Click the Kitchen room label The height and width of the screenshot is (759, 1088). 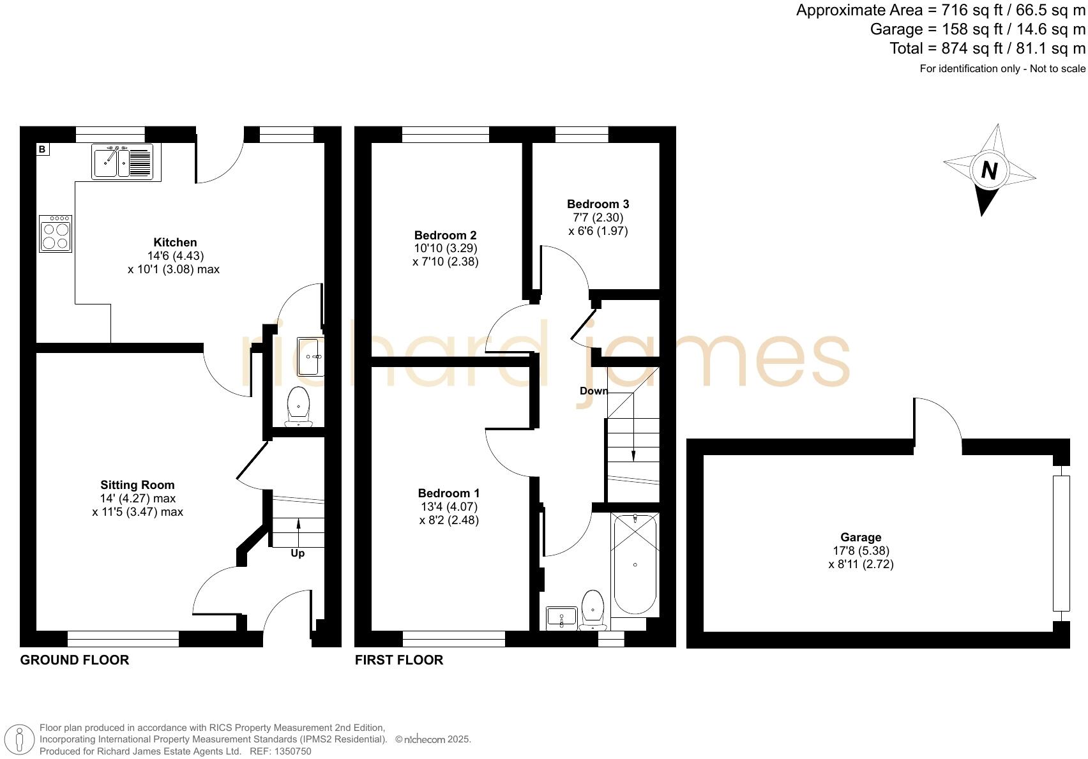tap(175, 243)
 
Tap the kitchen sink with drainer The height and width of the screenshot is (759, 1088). tap(123, 162)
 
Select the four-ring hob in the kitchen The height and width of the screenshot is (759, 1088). tap(55, 234)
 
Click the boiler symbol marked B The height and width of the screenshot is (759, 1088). tap(42, 149)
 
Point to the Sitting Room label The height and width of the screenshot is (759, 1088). tap(137, 485)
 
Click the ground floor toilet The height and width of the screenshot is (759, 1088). tap(298, 406)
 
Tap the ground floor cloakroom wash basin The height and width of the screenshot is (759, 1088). tap(311, 357)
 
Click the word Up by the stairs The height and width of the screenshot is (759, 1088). tap(298, 553)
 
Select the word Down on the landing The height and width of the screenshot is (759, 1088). tap(594, 391)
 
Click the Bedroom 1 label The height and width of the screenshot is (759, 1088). tap(448, 493)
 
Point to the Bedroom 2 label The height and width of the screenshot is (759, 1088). tap(445, 235)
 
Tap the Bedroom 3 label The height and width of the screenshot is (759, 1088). tap(598, 204)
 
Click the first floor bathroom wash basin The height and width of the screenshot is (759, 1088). tap(561, 617)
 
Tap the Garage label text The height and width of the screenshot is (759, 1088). tap(861, 537)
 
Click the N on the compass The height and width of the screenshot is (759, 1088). tap(989, 170)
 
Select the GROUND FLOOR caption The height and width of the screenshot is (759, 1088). tap(75, 660)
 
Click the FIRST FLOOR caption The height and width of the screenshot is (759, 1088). tap(399, 660)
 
